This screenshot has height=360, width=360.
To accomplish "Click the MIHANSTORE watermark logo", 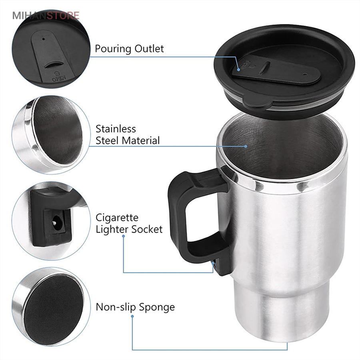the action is (46, 16).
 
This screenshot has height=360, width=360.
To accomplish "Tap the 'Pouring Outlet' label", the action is (129, 49).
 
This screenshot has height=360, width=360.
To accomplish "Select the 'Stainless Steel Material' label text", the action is (128, 135).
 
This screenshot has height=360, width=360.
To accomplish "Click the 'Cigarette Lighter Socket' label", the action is (129, 223).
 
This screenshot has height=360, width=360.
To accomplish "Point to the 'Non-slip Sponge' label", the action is (135, 307).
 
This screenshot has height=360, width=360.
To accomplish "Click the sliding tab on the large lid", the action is (276, 70).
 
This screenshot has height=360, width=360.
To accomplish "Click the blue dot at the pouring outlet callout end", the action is (239, 70).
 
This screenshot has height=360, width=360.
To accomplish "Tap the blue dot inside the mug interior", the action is (246, 146).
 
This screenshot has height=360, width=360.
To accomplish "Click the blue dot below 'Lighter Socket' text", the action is (124, 236).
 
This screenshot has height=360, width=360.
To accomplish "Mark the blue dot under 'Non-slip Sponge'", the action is (132, 316).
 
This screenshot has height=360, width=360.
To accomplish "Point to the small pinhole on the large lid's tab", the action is (305, 74).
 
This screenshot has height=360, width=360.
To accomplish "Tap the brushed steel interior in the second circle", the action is (57, 129).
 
